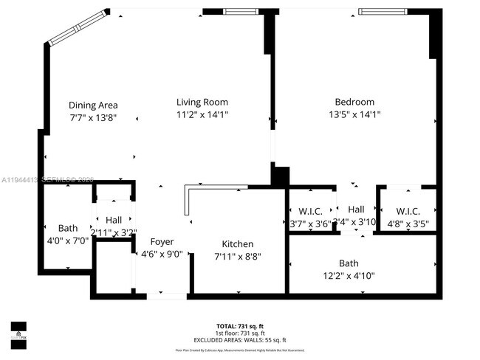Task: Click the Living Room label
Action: click(202, 102)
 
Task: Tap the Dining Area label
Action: click(93, 105)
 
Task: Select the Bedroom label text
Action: click(354, 102)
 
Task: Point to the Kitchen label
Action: click(238, 244)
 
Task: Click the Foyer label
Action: click(162, 242)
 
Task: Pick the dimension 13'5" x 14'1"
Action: click(354, 115)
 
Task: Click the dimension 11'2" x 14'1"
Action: click(202, 115)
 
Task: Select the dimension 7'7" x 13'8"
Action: click(93, 117)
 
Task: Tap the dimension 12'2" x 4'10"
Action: click(349, 276)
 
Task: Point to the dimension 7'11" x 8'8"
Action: click(238, 257)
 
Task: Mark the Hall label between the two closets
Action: click(356, 210)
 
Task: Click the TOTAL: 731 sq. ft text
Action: click(240, 325)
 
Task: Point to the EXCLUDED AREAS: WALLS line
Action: click(240, 339)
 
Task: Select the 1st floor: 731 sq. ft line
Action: click(240, 332)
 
